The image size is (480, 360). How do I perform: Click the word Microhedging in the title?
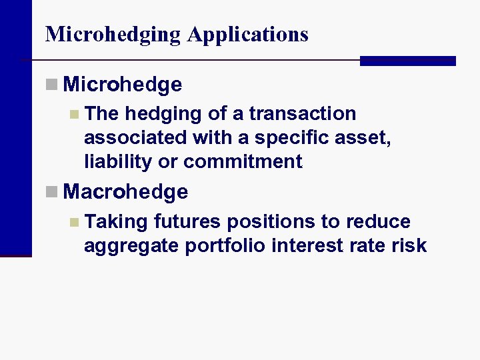113,35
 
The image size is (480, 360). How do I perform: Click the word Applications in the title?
248,35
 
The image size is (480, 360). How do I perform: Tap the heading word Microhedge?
123,85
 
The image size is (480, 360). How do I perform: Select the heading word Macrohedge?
126,192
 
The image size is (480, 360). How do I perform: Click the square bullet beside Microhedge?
52,85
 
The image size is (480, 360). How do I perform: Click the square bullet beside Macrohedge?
52,192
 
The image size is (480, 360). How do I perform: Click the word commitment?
243,161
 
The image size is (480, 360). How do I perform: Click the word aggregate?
131,245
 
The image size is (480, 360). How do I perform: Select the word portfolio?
227,245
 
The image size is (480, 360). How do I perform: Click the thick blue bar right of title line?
407,61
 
